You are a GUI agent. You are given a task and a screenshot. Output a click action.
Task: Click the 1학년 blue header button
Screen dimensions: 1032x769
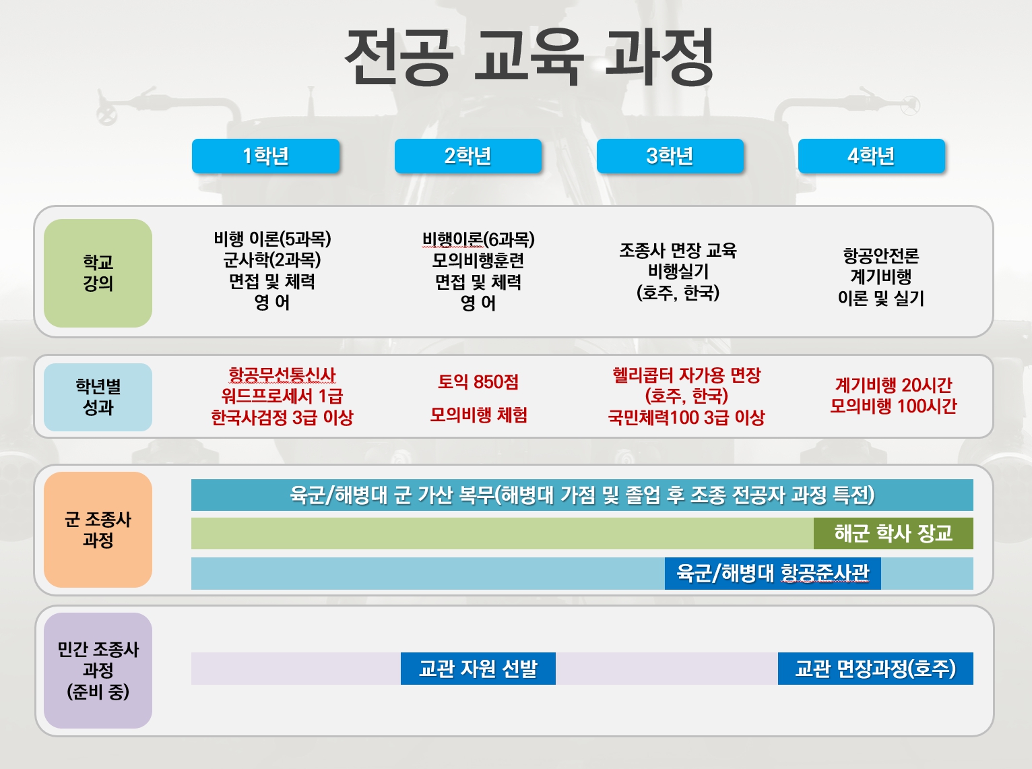265,156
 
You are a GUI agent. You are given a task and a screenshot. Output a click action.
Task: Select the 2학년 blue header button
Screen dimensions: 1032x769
468,156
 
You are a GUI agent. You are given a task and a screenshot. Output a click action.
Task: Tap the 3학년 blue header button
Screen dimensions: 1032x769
670,156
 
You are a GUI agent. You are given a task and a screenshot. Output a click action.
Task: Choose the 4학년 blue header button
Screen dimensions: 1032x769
872,156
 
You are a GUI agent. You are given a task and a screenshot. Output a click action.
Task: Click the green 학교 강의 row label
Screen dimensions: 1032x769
98,273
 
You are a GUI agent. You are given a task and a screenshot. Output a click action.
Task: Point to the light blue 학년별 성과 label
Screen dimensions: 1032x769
98,397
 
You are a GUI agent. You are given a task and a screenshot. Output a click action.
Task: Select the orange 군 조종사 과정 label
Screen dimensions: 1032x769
98,529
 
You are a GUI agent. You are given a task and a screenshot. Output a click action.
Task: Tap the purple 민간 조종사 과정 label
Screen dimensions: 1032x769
98,671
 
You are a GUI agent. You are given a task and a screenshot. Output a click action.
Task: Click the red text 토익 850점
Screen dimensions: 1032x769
478,382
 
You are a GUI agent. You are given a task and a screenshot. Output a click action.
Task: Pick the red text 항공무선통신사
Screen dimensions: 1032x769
282,375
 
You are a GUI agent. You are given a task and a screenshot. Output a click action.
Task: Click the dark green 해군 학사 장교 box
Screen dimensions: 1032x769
893,534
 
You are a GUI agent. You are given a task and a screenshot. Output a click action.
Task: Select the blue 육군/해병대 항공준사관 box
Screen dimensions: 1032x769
773,574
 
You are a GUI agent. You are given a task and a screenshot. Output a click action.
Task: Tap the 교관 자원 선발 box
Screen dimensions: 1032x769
478,669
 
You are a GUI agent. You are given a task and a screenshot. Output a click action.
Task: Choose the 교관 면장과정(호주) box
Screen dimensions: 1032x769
875,669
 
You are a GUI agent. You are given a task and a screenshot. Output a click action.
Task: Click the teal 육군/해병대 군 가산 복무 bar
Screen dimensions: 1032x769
582,495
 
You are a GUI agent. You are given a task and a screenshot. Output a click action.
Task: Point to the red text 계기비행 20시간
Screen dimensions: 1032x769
893,386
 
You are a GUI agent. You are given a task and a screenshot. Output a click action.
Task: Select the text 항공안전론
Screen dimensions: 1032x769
881,255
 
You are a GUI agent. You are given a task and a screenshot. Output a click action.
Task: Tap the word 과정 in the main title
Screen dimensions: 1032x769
659,57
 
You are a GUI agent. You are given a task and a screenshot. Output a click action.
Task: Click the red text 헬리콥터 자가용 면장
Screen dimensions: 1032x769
686,375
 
